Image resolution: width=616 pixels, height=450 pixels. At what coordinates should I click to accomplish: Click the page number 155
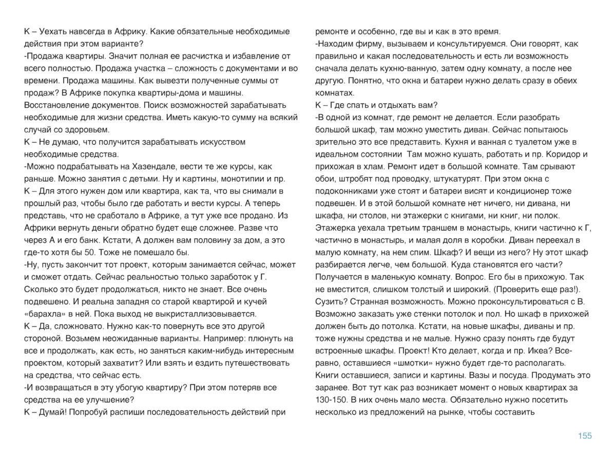pos(584,436)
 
